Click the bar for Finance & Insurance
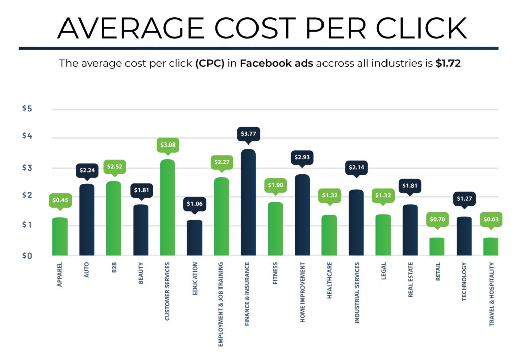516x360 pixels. click(x=248, y=202)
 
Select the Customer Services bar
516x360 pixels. click(x=167, y=207)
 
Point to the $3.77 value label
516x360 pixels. click(x=248, y=134)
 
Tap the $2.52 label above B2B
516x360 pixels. click(x=113, y=167)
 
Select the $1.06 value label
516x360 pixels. click(x=194, y=204)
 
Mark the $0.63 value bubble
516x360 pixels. click(x=491, y=220)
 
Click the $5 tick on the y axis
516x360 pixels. click(x=27, y=109)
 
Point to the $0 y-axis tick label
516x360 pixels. click(x=27, y=256)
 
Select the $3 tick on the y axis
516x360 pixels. click(x=27, y=168)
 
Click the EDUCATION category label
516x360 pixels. click(x=195, y=279)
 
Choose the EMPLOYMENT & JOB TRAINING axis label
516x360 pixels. click(x=221, y=304)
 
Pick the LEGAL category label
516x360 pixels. click(x=383, y=272)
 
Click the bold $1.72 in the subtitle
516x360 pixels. click(x=447, y=64)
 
